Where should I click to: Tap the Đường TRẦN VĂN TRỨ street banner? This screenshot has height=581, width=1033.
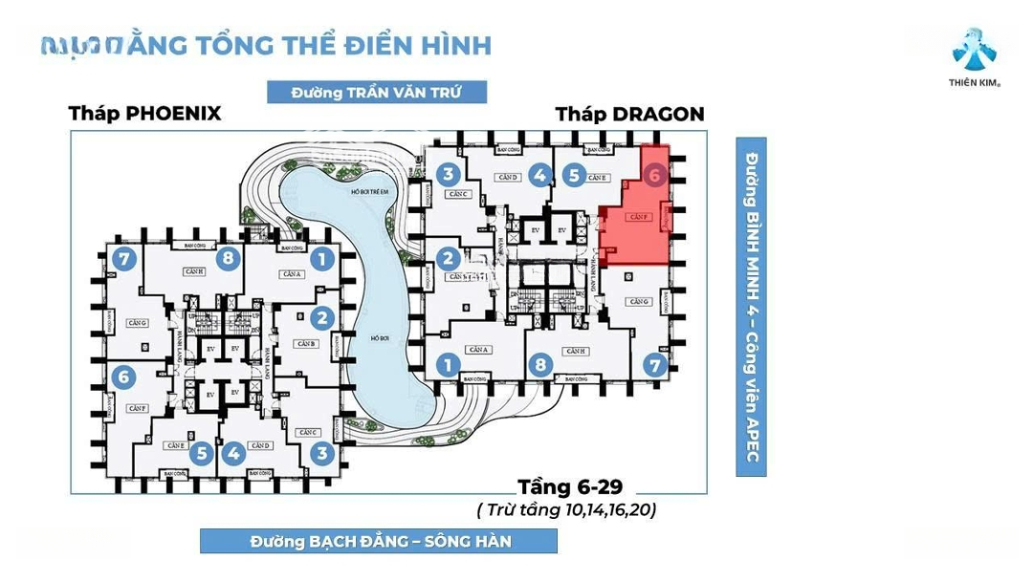point(377,93)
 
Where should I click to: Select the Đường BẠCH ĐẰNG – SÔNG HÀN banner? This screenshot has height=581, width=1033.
point(379,541)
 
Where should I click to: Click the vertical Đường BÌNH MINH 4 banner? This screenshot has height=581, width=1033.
point(752,306)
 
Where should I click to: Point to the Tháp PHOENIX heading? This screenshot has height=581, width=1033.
point(144,114)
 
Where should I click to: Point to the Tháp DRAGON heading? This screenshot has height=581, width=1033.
point(629,115)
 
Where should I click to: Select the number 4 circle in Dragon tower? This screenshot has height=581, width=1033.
point(539,175)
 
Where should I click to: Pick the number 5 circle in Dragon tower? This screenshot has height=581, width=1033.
point(573,175)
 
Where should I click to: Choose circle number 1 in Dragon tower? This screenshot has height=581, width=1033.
point(446,364)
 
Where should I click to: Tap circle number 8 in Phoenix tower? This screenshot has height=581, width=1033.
point(227,258)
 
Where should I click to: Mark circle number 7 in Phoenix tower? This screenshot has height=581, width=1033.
point(122,258)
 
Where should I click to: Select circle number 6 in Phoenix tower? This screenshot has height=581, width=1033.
point(122,377)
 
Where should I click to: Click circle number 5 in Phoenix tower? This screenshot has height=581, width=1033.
point(200,454)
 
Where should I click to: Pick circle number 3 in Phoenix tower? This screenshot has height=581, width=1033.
point(322,454)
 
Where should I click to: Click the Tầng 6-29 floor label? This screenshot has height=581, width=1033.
point(569,484)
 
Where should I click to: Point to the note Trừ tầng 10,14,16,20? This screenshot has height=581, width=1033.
point(566,509)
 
